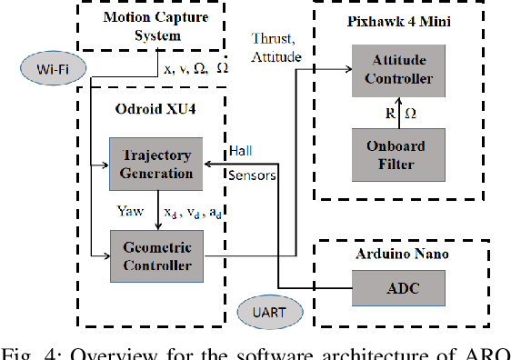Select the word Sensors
[252, 174]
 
